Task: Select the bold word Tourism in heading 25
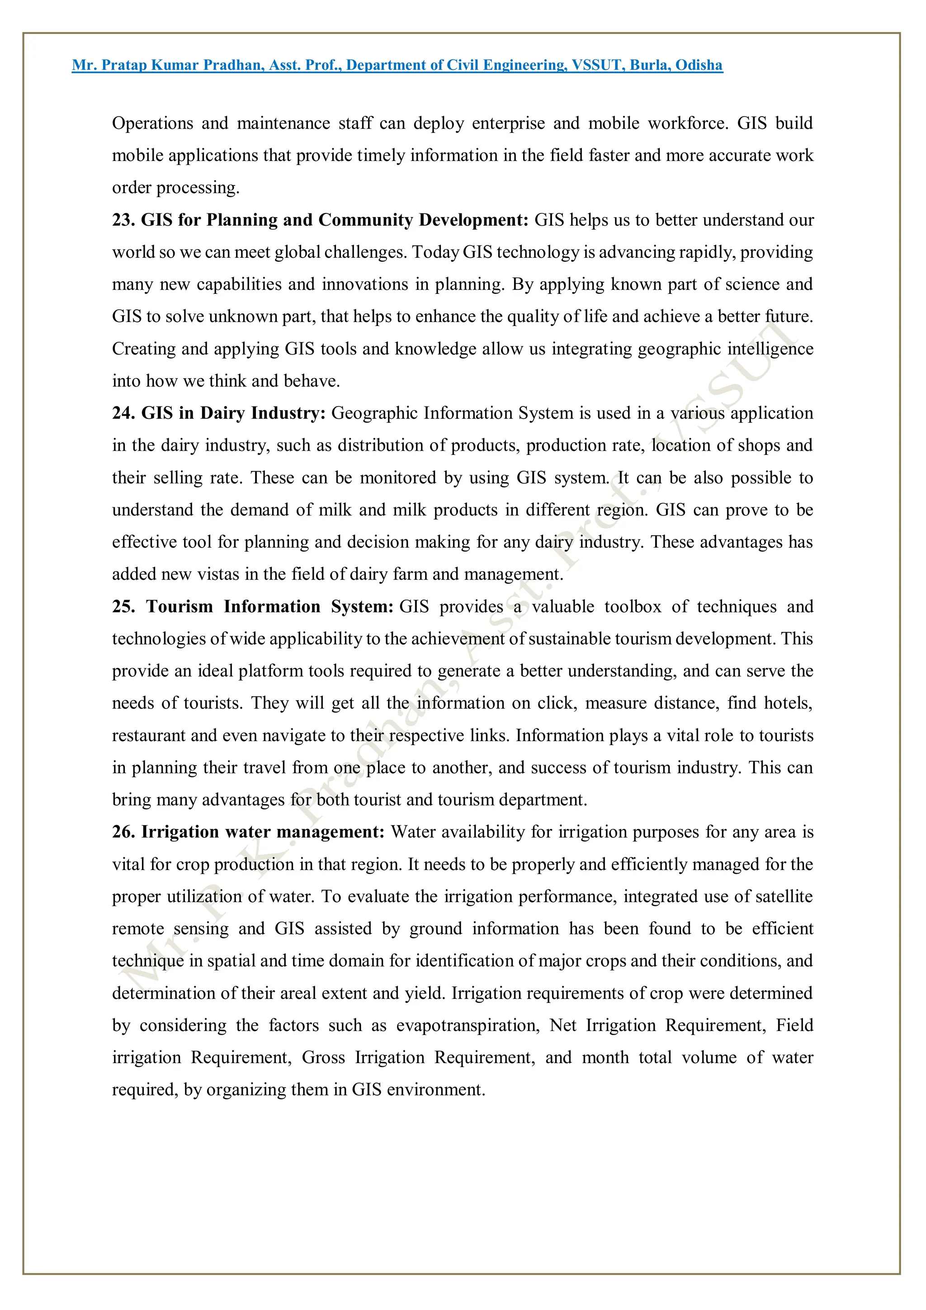click(179, 606)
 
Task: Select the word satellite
click(784, 897)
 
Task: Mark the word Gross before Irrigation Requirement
click(323, 1058)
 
